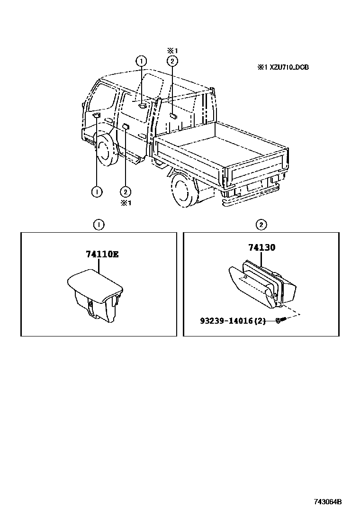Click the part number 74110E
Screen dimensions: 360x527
(102, 254)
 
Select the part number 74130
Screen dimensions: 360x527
(261, 247)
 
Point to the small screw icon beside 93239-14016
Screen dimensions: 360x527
(279, 321)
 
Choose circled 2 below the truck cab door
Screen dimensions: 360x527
(125, 191)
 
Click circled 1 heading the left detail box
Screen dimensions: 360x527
(99, 225)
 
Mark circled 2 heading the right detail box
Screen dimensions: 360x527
(261, 225)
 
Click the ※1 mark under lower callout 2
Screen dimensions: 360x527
(125, 203)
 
